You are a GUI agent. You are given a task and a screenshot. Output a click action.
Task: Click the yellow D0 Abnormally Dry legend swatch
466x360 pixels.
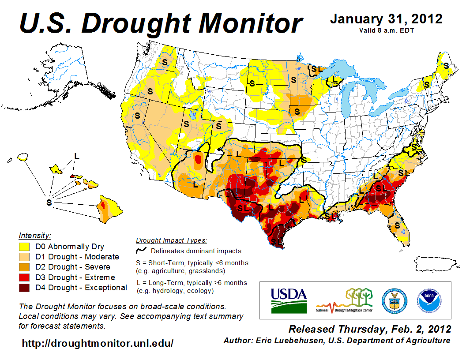tap(24, 247)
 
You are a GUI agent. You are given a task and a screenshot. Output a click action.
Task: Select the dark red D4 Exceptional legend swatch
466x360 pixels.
tap(24, 288)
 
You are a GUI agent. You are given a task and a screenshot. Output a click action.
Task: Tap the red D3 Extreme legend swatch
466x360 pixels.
tap(24, 277)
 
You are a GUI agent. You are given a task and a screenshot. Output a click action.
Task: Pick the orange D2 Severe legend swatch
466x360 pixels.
tap(24, 267)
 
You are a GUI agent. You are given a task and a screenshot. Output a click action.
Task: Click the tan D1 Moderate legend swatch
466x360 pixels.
tap(24, 257)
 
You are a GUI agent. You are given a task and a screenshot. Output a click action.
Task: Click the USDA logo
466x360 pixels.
tap(289, 300)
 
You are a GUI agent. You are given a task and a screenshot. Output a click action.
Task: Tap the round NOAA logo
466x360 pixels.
tap(428, 300)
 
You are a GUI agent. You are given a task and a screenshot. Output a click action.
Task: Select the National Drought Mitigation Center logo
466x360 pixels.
tap(345, 300)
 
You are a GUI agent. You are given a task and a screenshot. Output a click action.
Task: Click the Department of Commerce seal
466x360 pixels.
tap(395, 300)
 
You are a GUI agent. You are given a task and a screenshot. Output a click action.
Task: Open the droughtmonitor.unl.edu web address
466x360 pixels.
tap(98, 343)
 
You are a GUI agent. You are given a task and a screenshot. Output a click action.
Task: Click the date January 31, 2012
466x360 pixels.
tap(386, 19)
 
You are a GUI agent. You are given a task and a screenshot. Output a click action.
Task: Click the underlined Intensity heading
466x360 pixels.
tap(35, 236)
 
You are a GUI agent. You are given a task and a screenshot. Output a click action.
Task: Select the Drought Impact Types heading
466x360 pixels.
tap(171, 241)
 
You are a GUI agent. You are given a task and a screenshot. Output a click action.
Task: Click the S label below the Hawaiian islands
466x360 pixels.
tap(49, 202)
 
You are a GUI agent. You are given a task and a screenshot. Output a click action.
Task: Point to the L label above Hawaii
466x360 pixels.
tap(76, 156)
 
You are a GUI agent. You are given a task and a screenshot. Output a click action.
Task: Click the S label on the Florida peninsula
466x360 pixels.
tap(397, 225)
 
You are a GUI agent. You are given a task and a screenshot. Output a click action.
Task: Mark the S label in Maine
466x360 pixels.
tap(446, 65)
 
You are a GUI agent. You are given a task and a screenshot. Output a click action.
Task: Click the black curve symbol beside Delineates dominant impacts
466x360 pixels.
tap(141, 251)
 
